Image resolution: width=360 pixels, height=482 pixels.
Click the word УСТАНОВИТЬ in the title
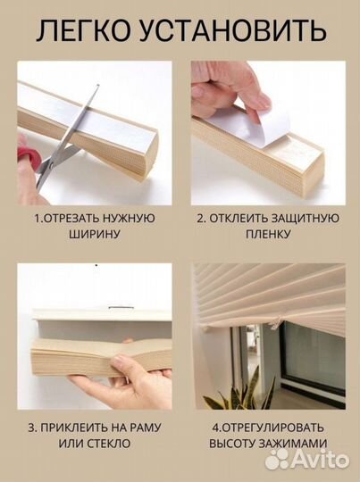(x=233, y=30)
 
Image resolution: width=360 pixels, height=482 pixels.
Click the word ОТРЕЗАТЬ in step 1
(x=71, y=219)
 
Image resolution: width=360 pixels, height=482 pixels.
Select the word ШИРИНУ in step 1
(x=94, y=235)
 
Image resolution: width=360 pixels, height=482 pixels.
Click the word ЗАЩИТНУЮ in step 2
(x=305, y=219)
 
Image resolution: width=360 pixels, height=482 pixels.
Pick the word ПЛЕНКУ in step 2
(x=268, y=235)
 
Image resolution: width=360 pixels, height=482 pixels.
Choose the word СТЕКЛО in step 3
(x=109, y=444)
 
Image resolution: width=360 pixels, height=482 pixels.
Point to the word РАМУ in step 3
(x=147, y=428)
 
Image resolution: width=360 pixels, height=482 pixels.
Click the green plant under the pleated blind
(x=241, y=390)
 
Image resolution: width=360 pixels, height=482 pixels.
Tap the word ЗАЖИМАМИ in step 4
(x=293, y=444)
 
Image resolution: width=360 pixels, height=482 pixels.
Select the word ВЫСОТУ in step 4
(x=232, y=444)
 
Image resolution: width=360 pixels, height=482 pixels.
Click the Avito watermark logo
(x=307, y=460)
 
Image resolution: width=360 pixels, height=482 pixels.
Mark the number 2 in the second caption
(x=201, y=219)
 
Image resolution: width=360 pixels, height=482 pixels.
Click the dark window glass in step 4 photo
(x=314, y=353)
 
